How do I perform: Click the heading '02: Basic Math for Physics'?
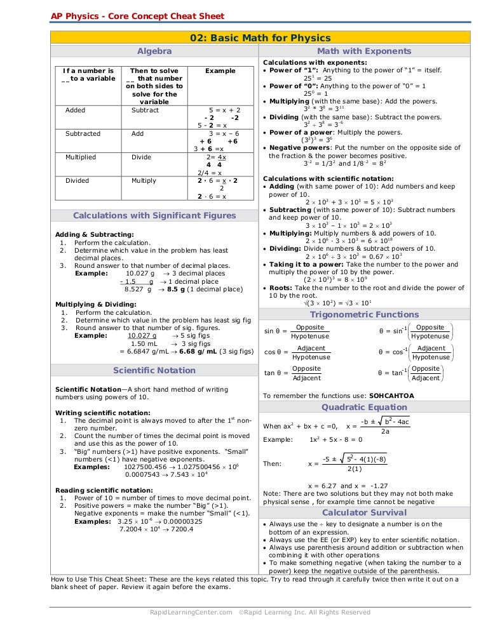[x=261, y=38]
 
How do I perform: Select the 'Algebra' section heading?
[x=154, y=51]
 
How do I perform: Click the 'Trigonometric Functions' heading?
[x=364, y=314]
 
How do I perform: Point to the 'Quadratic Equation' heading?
[x=364, y=407]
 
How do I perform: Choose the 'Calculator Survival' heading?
[x=364, y=512]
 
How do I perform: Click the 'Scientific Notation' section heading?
[x=154, y=370]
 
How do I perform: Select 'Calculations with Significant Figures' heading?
[x=154, y=215]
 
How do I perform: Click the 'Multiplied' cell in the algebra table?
[x=81, y=157]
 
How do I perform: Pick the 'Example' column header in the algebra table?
[x=220, y=71]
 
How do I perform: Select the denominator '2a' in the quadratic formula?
[x=385, y=432]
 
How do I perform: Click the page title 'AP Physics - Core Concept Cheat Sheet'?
[x=137, y=16]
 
